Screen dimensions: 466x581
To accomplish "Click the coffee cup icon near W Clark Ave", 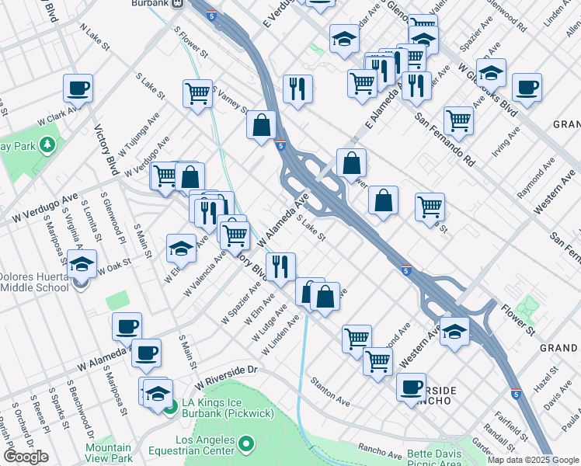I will pos(78,89).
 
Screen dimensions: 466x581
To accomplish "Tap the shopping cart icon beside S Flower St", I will pos(198,94).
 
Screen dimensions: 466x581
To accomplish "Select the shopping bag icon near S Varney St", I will pos(262,124).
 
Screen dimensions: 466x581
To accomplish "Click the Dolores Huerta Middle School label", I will pos(36,282).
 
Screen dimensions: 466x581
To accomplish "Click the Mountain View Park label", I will pos(108,453).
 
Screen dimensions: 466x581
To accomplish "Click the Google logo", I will pos(26,457).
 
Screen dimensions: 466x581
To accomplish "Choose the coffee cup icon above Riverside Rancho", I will pos(411,387).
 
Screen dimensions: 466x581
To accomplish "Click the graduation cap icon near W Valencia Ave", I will pos(181,249).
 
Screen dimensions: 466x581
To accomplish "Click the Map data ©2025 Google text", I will pos(533,460).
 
